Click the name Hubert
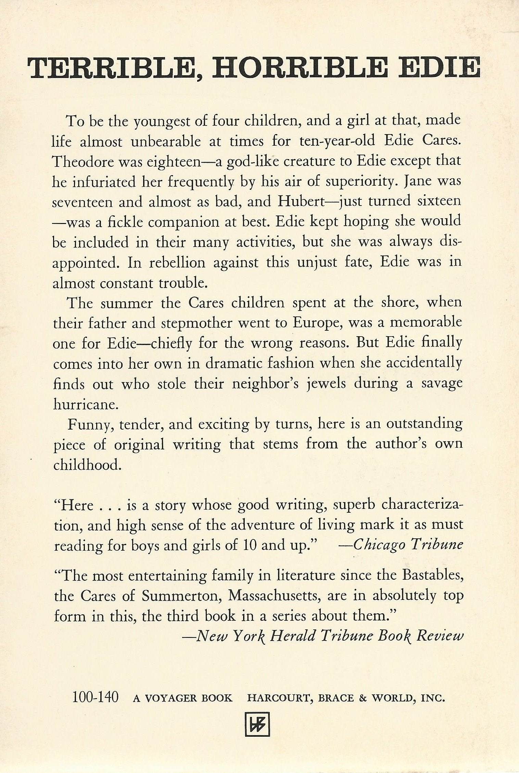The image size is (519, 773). pyautogui.click(x=299, y=201)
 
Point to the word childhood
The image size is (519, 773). pyautogui.click(x=87, y=465)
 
